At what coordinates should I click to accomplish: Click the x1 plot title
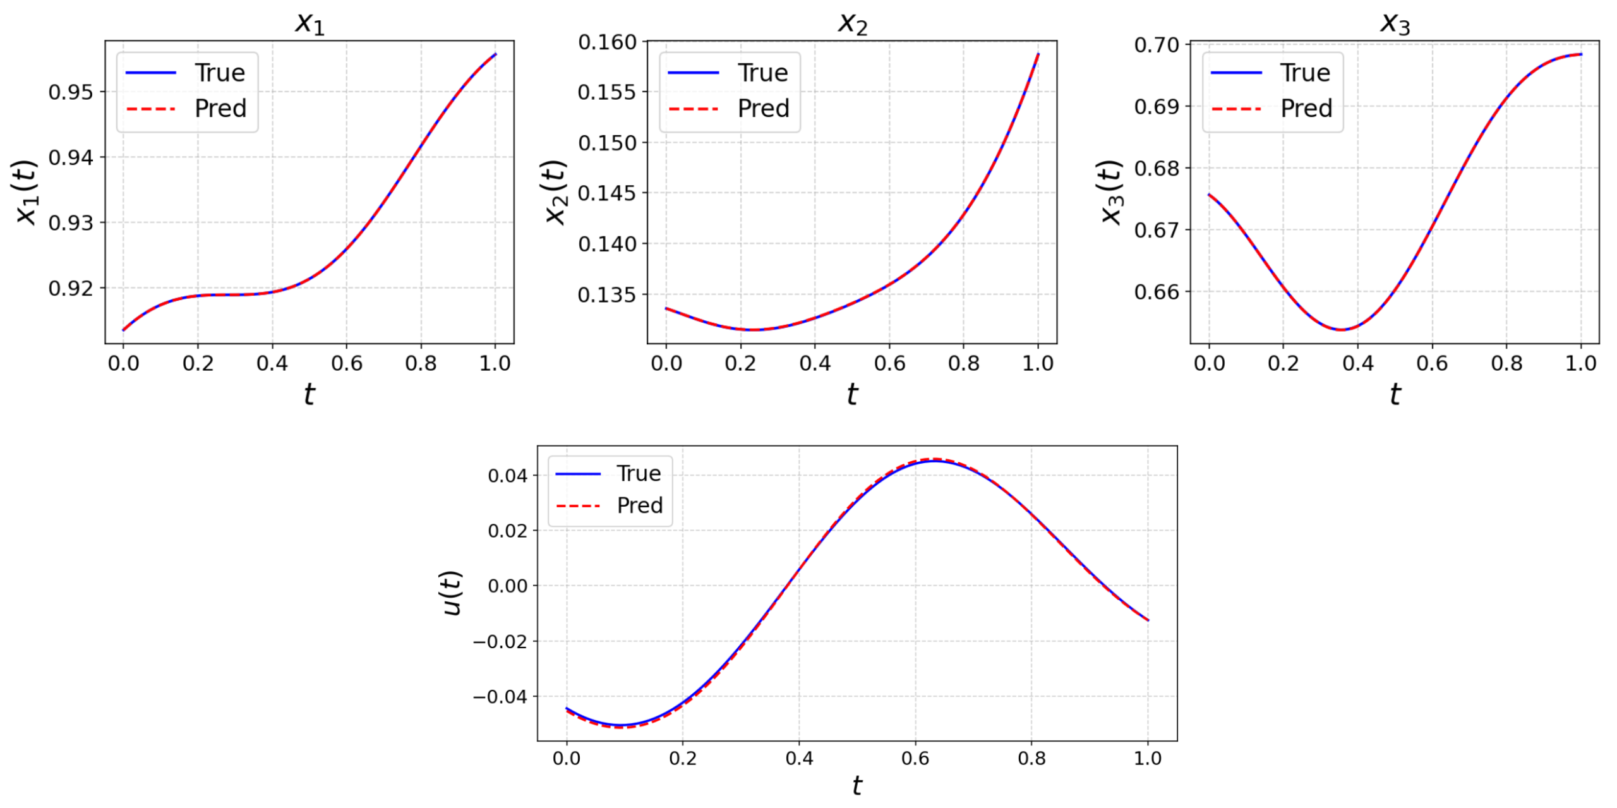tap(310, 23)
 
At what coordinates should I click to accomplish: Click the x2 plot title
tap(852, 23)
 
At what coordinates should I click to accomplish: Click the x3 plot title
tap(1395, 23)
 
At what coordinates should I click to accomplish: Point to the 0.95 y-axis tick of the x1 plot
tap(70, 92)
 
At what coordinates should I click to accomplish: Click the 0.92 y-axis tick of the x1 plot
tap(70, 288)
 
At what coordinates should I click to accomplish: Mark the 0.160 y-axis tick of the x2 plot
tap(607, 42)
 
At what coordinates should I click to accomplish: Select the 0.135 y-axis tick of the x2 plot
tap(607, 294)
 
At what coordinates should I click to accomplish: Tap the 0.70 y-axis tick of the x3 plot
tap(1157, 45)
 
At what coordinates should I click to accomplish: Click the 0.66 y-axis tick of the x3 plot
tap(1157, 292)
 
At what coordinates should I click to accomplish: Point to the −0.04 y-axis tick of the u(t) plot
tap(500, 697)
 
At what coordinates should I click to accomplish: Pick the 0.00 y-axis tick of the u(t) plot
tap(507, 586)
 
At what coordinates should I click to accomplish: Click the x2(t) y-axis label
tap(556, 192)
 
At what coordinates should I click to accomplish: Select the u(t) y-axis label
tap(452, 593)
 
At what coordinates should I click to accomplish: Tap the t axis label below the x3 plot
tap(1395, 394)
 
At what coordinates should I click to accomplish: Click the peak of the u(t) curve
tap(934, 461)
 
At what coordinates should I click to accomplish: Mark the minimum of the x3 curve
tap(1340, 330)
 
